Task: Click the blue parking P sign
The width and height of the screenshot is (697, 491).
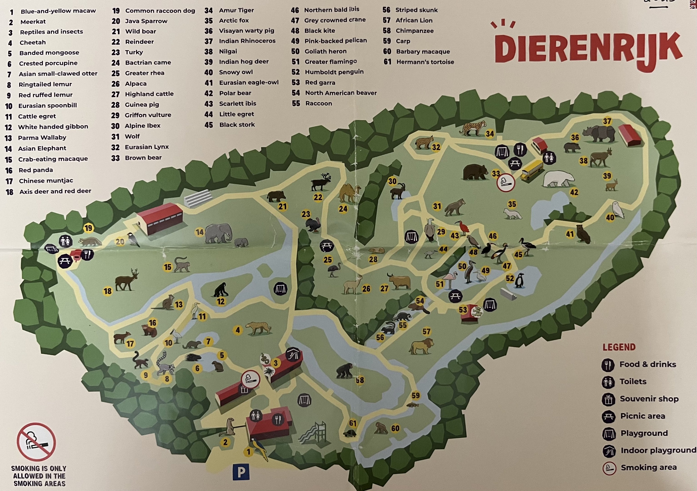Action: coord(241,472)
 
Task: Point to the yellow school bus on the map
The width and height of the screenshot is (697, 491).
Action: coord(532,170)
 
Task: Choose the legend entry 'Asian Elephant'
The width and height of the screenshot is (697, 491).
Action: coord(42,148)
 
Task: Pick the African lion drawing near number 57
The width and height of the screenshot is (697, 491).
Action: coord(422,346)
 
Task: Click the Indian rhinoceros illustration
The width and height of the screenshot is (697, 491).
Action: coord(599,134)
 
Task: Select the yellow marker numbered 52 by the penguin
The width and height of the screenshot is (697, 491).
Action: coord(510,278)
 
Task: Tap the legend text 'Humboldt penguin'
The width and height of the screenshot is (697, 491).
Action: coord(334,72)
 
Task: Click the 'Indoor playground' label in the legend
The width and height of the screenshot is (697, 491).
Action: coord(658,450)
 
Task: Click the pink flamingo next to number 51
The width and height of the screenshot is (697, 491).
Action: coord(450,278)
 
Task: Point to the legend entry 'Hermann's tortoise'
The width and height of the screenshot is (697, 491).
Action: coord(425,62)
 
